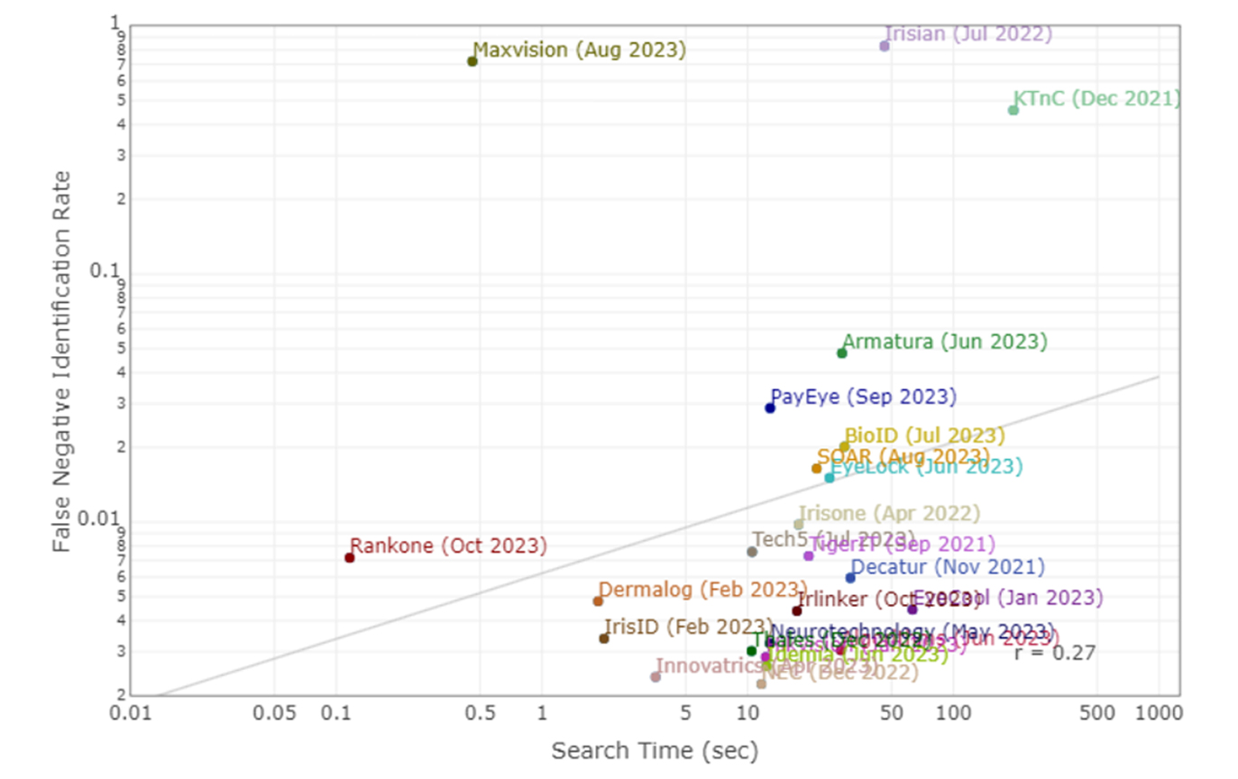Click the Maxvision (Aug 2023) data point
(x=472, y=61)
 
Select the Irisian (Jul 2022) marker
(x=885, y=46)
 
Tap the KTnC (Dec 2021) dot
(x=1013, y=110)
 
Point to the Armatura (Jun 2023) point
(x=842, y=353)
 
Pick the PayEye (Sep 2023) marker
(x=770, y=408)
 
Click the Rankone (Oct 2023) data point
(x=350, y=557)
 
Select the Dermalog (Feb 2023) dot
(x=598, y=600)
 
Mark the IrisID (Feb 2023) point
(x=604, y=638)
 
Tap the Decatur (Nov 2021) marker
(x=850, y=577)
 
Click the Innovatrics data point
(x=656, y=677)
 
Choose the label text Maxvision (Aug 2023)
(x=579, y=50)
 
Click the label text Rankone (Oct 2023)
(x=448, y=545)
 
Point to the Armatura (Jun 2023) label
(x=945, y=342)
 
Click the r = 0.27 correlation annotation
(x=1054, y=653)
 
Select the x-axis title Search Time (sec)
(x=655, y=750)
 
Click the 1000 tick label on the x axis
(x=1158, y=713)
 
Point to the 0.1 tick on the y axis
(x=105, y=271)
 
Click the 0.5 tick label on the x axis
(x=480, y=713)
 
